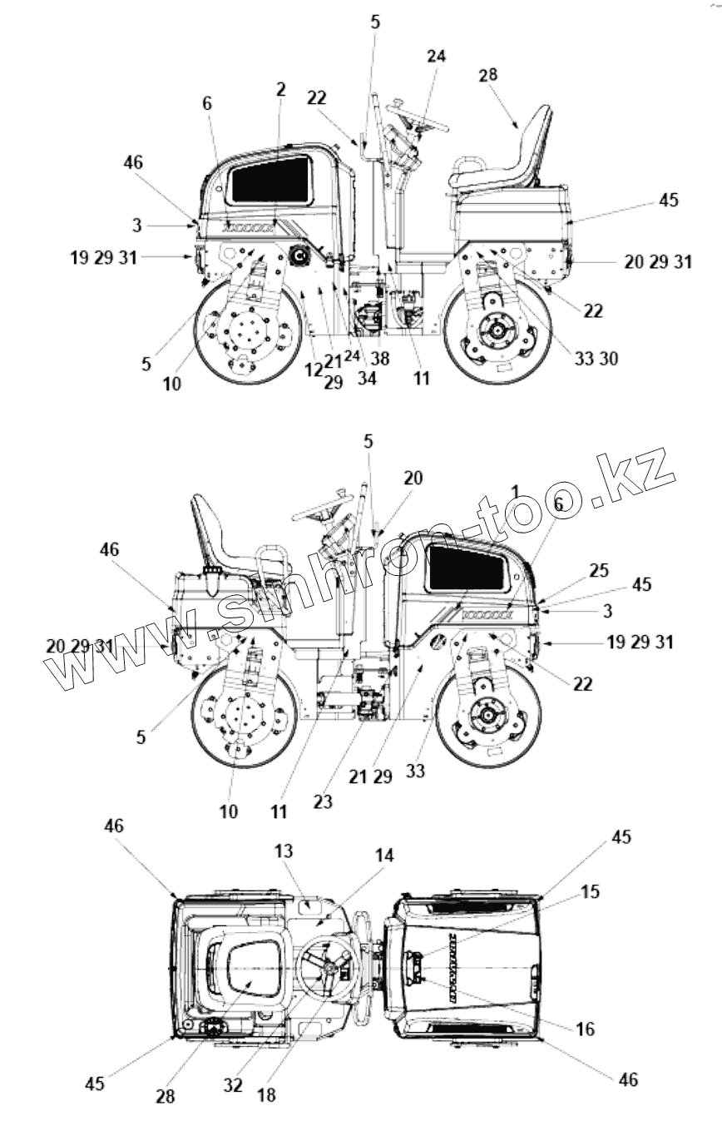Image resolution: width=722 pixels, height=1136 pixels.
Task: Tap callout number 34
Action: click(x=367, y=378)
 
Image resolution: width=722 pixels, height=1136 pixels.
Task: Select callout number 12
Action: click(x=313, y=370)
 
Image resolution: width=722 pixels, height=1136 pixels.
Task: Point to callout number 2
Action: click(x=280, y=89)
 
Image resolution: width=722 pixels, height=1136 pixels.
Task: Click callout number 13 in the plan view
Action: click(x=284, y=851)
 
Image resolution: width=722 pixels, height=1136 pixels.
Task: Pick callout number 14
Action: click(x=384, y=856)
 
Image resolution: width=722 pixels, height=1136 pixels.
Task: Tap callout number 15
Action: click(x=590, y=891)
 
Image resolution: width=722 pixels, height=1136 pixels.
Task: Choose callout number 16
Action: click(x=586, y=1029)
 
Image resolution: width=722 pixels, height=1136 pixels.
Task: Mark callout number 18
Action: click(x=266, y=1095)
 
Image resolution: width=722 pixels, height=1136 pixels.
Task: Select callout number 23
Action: click(x=323, y=801)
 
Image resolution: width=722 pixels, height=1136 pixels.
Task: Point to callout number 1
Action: click(x=515, y=491)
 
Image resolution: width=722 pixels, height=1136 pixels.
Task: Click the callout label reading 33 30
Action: click(x=596, y=359)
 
